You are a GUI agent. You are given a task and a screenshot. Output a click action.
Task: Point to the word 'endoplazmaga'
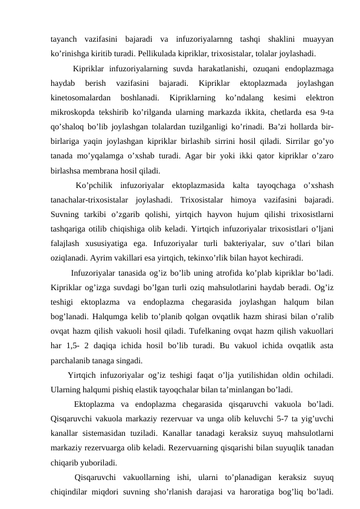click(307, 67)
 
